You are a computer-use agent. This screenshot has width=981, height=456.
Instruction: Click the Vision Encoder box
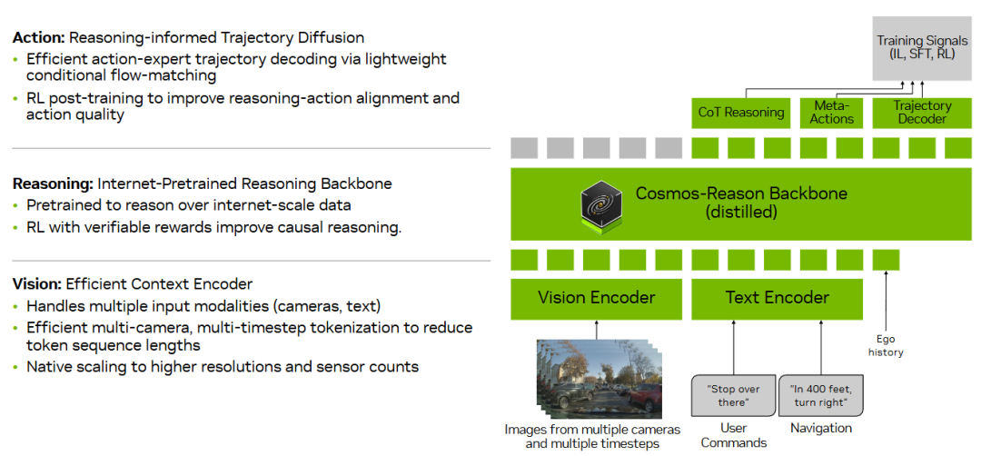tap(596, 298)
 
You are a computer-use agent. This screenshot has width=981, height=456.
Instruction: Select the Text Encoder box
tap(777, 298)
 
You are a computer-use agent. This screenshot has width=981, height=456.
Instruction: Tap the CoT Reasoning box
tap(741, 113)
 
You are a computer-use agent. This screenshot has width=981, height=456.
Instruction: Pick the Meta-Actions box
tap(832, 113)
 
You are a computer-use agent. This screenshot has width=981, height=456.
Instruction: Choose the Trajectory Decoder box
tap(921, 113)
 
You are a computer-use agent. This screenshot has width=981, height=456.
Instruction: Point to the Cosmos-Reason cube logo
tap(600, 204)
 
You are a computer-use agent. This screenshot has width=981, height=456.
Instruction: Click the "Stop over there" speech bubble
tap(733, 395)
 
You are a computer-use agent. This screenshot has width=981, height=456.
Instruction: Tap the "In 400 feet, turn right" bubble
tap(820, 395)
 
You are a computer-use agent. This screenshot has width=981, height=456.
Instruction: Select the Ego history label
tap(886, 345)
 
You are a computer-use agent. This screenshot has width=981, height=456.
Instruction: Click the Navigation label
tap(820, 428)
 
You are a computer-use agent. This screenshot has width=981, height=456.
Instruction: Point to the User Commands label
tap(733, 435)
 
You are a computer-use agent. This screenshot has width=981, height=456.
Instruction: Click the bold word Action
tap(37, 37)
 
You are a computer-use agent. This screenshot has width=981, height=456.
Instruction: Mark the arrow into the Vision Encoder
tap(596, 330)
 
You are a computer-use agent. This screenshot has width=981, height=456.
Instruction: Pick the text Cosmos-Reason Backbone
tap(741, 193)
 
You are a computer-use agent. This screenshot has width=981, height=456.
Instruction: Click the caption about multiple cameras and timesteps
tap(582, 436)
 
